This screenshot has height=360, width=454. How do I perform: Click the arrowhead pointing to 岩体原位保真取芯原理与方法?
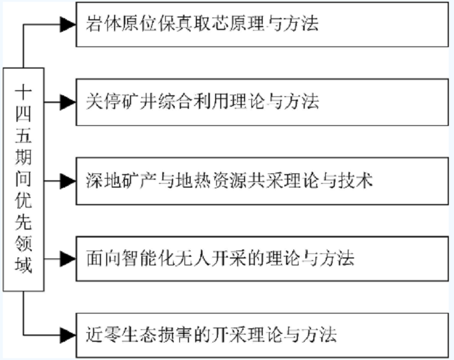pos(68,24)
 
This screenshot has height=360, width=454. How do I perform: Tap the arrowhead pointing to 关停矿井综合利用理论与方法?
pos(68,102)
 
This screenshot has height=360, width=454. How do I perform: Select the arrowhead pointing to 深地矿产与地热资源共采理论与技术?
pos(68,181)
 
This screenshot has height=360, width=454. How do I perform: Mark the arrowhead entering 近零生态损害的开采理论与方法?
pos(68,334)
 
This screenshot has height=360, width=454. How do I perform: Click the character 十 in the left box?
pos(23,90)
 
